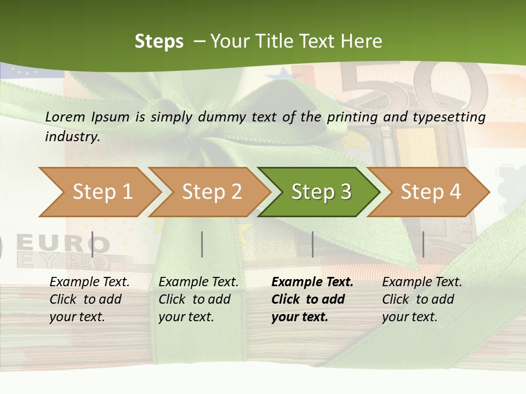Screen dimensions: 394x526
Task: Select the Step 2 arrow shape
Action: tap(211, 192)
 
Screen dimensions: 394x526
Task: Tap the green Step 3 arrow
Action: tap(320, 192)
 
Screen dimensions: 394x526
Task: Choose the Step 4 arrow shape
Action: tap(430, 192)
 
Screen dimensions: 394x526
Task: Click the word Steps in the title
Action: tap(159, 41)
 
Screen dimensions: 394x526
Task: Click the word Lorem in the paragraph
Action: tap(64, 117)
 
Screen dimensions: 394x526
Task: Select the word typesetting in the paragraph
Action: tap(452, 117)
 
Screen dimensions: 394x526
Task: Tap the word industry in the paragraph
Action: tap(72, 136)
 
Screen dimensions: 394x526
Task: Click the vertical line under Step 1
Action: tap(93, 244)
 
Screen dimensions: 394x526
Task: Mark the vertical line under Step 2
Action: tap(202, 244)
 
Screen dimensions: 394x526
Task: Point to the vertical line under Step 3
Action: tap(312, 244)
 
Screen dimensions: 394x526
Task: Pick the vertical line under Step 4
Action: tap(423, 244)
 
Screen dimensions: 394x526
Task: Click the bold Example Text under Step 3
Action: tap(312, 282)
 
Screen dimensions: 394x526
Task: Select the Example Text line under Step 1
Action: tap(89, 282)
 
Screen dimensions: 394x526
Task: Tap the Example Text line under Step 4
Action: tap(422, 282)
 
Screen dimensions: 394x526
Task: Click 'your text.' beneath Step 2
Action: tap(186, 317)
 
